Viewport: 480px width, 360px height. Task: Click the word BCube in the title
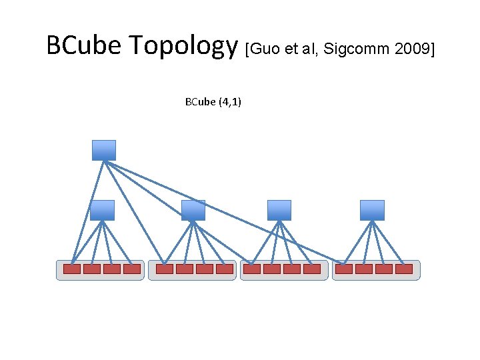click(x=85, y=46)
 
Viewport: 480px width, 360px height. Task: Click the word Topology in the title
click(x=183, y=47)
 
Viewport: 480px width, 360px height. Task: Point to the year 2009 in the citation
click(x=409, y=49)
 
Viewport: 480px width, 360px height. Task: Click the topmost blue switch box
click(x=104, y=150)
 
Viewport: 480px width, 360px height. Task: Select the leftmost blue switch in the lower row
click(x=102, y=210)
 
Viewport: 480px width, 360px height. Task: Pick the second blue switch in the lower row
click(x=193, y=210)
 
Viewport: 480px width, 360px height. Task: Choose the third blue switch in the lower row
click(x=279, y=210)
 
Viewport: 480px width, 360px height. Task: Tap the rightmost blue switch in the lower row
click(x=372, y=210)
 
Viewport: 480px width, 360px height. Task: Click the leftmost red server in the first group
click(x=72, y=269)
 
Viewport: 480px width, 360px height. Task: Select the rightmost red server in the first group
click(x=132, y=269)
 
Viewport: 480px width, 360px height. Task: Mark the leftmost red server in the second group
click(x=164, y=269)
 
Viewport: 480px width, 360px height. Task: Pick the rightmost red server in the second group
click(x=225, y=269)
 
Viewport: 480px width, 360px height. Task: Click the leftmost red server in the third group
click(x=252, y=269)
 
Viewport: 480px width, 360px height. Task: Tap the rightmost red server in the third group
click(x=312, y=269)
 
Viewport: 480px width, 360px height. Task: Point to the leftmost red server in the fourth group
click(x=344, y=269)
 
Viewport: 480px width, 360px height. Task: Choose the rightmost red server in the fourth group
click(x=404, y=269)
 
